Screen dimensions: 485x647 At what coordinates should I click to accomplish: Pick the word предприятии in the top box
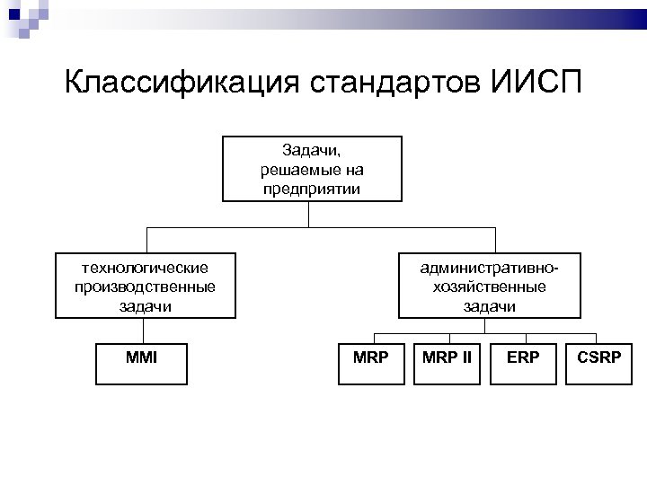(310, 189)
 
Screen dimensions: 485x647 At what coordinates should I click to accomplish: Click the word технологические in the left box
(145, 267)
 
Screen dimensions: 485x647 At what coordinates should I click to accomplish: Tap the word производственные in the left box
(145, 287)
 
